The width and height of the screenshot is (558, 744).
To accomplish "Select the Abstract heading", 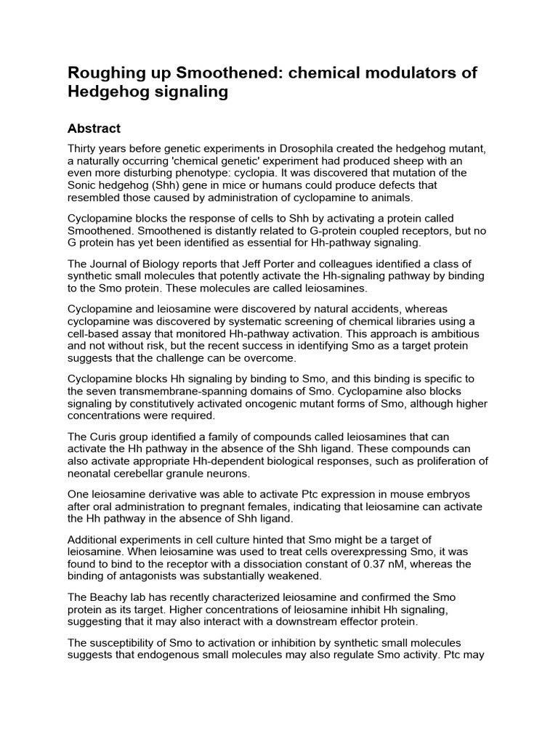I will [x=94, y=129].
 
